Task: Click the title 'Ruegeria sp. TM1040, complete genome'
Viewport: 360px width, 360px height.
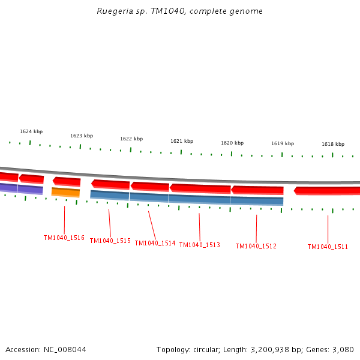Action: point(180,11)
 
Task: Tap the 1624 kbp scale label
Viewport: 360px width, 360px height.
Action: point(31,131)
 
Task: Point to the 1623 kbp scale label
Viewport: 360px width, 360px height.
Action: point(82,136)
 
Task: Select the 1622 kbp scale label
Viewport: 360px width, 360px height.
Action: point(131,139)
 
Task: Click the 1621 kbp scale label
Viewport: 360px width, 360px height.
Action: point(182,141)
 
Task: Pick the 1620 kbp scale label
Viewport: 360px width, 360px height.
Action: point(232,143)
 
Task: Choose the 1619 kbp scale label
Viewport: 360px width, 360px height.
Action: point(283,143)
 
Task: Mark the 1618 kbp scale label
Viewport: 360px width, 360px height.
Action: point(333,144)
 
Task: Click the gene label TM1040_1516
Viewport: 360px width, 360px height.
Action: point(64,238)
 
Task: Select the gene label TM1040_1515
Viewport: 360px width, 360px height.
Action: point(110,241)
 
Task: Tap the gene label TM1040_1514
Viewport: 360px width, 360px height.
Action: point(155,243)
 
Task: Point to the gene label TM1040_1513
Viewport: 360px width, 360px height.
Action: point(200,245)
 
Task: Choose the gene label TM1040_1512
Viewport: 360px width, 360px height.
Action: point(256,246)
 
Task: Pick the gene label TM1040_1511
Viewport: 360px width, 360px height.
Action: point(328,247)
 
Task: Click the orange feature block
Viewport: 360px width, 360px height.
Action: point(65,192)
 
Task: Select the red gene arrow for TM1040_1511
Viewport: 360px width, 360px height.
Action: point(327,191)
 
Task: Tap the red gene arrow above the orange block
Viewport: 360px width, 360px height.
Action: point(67,181)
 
